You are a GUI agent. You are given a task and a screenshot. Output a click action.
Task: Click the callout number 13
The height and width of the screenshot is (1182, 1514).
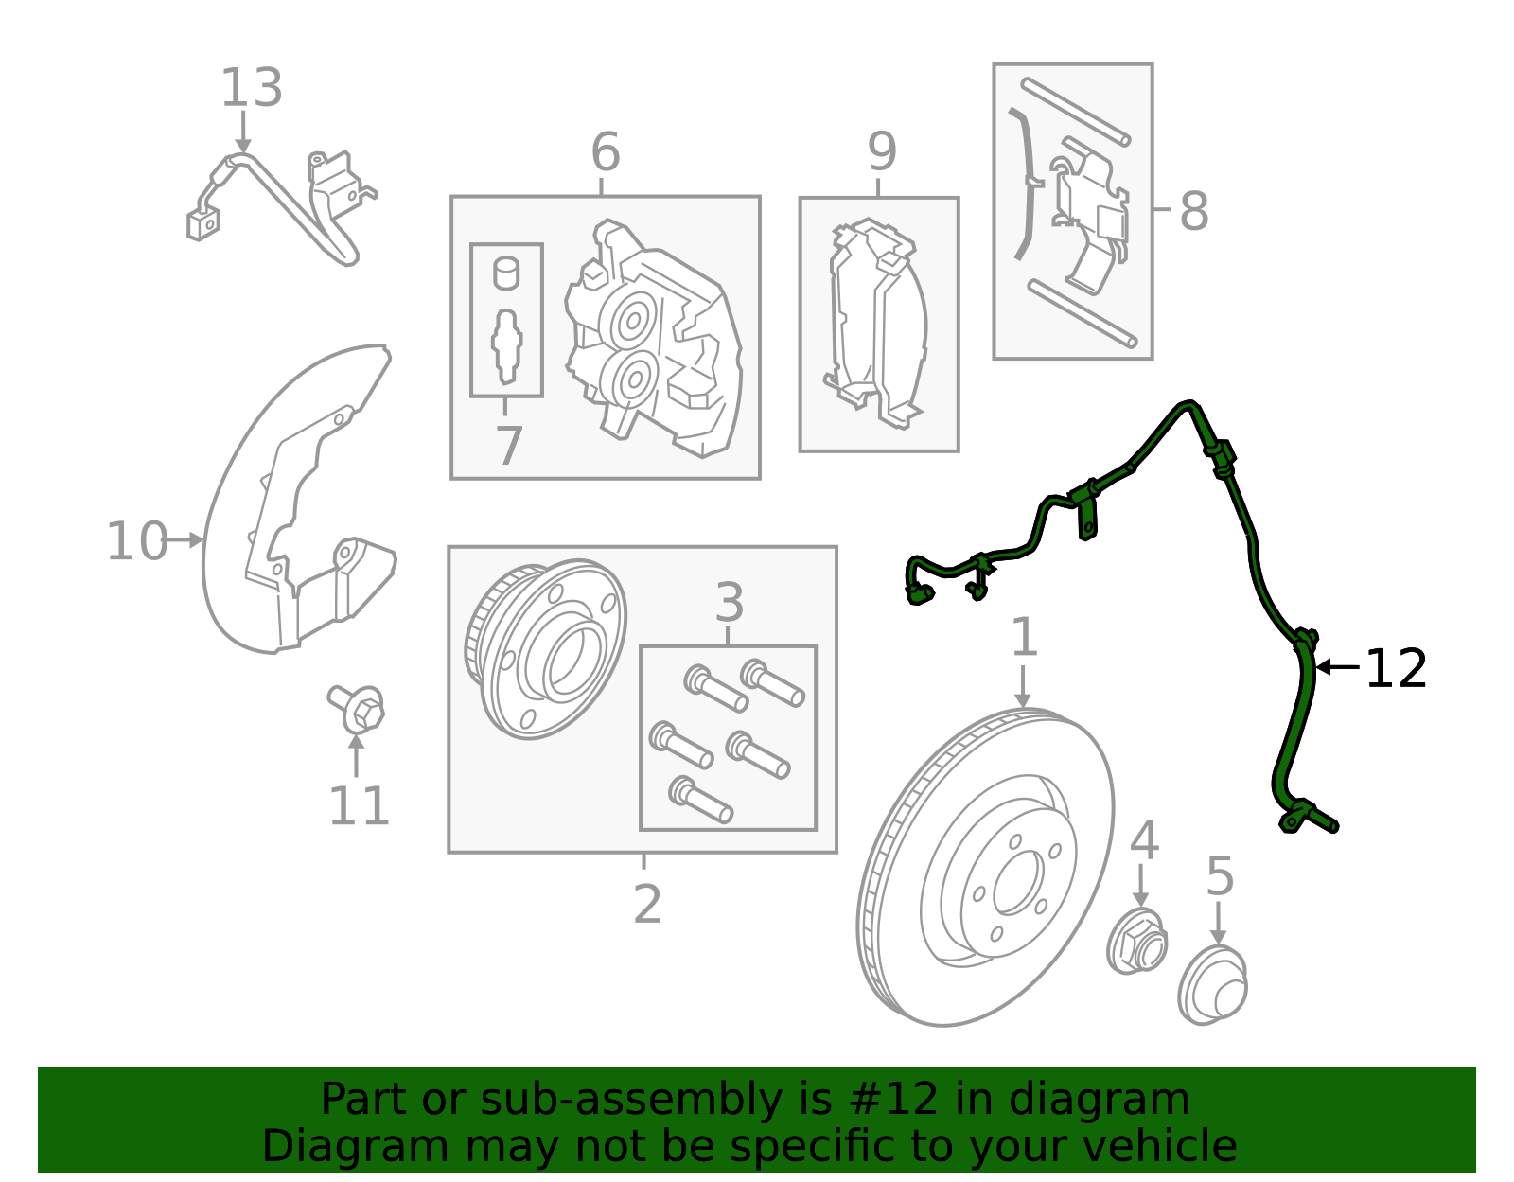point(252,88)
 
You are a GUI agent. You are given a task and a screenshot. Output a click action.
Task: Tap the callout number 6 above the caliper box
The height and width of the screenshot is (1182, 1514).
point(605,151)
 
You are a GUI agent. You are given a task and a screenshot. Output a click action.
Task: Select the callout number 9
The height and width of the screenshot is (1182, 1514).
point(881,151)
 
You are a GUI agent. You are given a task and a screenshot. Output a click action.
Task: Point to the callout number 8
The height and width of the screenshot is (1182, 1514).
point(1193,210)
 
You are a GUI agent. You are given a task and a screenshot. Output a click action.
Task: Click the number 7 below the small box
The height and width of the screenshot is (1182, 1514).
point(508,446)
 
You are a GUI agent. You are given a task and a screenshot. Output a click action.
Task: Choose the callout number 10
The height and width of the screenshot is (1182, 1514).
point(137,541)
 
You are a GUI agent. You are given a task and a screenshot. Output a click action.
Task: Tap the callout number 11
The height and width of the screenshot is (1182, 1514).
point(358,806)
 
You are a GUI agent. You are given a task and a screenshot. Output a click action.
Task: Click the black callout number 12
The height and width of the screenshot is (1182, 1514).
point(1396,669)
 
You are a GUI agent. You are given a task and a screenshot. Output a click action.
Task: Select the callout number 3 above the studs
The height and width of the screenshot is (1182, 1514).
point(730,603)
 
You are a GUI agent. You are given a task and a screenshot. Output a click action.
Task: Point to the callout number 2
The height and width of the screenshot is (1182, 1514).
point(646,905)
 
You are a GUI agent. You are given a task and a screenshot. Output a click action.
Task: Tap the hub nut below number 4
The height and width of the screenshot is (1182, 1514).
point(1136,941)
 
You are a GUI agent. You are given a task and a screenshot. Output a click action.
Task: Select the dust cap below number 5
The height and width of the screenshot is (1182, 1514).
point(1212,984)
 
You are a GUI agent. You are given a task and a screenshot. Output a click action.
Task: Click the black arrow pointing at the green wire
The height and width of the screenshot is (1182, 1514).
point(1337,667)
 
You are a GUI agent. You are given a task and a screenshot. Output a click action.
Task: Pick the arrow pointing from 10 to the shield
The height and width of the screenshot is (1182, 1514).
point(184,539)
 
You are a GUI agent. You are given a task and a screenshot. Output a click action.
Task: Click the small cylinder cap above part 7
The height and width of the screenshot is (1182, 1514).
point(506,273)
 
